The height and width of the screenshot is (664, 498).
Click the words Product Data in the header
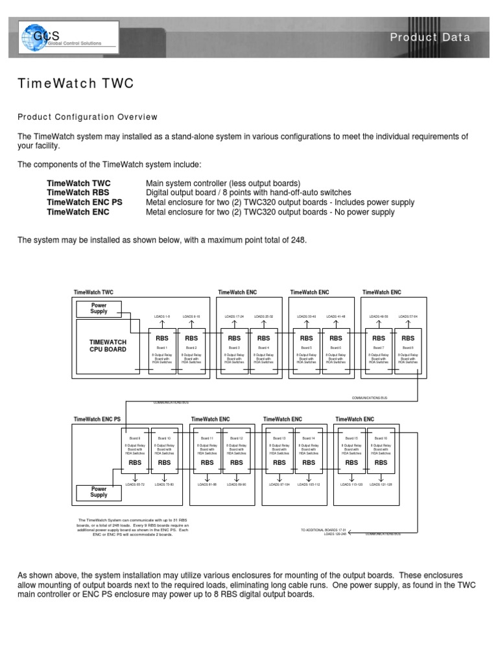pos(430,38)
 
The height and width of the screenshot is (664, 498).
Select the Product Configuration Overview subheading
pos(88,117)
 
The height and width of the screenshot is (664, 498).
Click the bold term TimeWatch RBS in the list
pos(78,193)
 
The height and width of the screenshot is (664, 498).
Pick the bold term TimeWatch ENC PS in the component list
pos(84,202)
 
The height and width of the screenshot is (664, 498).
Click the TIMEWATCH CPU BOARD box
pos(108,345)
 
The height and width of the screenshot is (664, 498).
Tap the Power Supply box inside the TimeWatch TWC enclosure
pos(99,308)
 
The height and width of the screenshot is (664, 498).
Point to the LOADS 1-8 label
pos(162,317)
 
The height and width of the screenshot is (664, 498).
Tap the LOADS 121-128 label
pos(381,484)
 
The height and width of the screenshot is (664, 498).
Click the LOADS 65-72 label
pos(136,484)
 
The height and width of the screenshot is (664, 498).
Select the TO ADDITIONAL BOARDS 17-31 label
pos(322,530)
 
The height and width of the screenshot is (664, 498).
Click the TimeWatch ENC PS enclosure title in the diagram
pos(98,420)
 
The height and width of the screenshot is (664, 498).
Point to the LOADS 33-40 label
pos(306,317)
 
